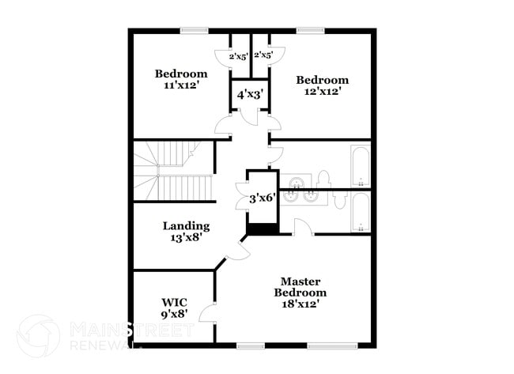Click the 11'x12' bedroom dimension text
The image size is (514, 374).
(x=182, y=85)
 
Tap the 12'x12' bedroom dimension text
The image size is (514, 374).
(x=321, y=92)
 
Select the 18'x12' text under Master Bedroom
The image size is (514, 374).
(x=300, y=304)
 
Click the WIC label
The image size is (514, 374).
(x=175, y=302)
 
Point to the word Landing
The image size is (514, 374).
(x=186, y=226)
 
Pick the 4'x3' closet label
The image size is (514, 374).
(x=251, y=95)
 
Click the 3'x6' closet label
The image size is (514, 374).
(x=263, y=198)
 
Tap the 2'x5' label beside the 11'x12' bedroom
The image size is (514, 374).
(x=238, y=56)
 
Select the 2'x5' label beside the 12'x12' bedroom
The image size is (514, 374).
(x=263, y=55)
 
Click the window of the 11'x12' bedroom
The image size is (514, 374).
(x=194, y=31)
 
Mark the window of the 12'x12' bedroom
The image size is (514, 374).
(x=311, y=31)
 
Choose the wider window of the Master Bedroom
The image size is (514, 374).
(x=332, y=346)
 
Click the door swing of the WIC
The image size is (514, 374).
(x=207, y=313)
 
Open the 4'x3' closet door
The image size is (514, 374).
(x=250, y=117)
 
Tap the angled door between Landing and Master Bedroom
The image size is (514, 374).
(x=239, y=251)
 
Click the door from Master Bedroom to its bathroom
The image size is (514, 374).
(x=304, y=227)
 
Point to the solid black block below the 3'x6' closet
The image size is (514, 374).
(x=263, y=229)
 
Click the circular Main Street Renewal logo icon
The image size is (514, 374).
(x=39, y=336)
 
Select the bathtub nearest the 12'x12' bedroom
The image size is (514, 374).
(x=361, y=166)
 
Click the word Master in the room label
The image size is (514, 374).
(x=300, y=281)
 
